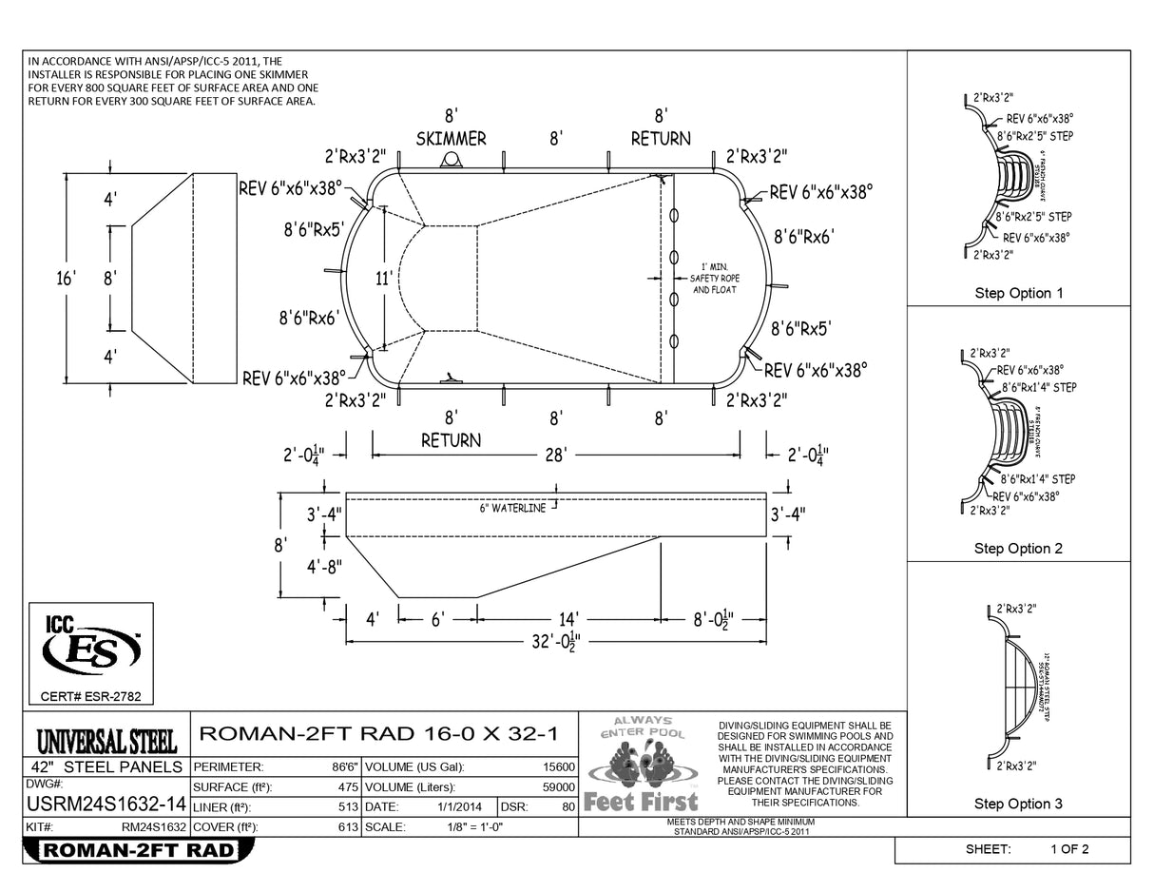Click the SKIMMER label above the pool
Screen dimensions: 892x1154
[x=451, y=139]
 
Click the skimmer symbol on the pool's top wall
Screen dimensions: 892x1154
[x=451, y=160]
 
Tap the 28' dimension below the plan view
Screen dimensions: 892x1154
[x=555, y=456]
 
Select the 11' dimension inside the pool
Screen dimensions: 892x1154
[x=383, y=279]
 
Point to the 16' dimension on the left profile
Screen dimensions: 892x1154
[x=66, y=279]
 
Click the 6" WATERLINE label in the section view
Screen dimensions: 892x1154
[x=512, y=508]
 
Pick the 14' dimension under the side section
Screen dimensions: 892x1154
[x=568, y=620]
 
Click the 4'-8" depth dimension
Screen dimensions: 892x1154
[x=324, y=567]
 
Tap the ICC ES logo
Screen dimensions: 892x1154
[x=91, y=648]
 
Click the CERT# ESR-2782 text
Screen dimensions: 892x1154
[x=91, y=697]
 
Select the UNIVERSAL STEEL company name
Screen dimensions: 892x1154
[x=106, y=739]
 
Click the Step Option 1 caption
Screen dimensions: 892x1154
[x=1018, y=293]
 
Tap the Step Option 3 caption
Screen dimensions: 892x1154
[x=1018, y=805]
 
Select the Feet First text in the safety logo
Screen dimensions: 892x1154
[x=641, y=802]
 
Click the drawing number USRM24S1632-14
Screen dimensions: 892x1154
[x=105, y=805]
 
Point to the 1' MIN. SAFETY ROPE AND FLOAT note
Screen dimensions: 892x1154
[x=714, y=278]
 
